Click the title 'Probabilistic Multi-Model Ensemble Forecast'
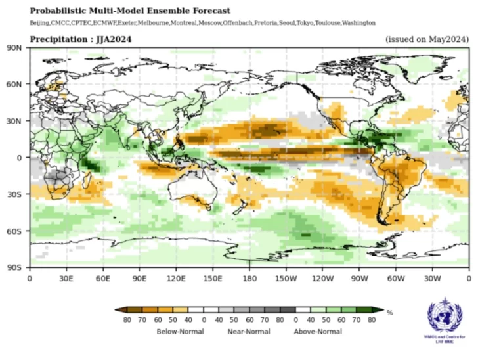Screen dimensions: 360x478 coord(130,11)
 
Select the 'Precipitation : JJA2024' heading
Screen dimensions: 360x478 coord(81,39)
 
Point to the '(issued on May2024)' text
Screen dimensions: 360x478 coord(427,39)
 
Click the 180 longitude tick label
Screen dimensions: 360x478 coord(249,279)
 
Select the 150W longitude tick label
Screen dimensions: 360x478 coord(285,279)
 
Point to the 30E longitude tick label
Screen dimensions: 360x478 coord(66,279)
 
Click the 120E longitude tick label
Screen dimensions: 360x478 coord(175,279)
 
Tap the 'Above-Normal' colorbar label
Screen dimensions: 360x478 coord(318,332)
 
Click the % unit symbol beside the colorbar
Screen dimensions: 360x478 coord(390,313)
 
